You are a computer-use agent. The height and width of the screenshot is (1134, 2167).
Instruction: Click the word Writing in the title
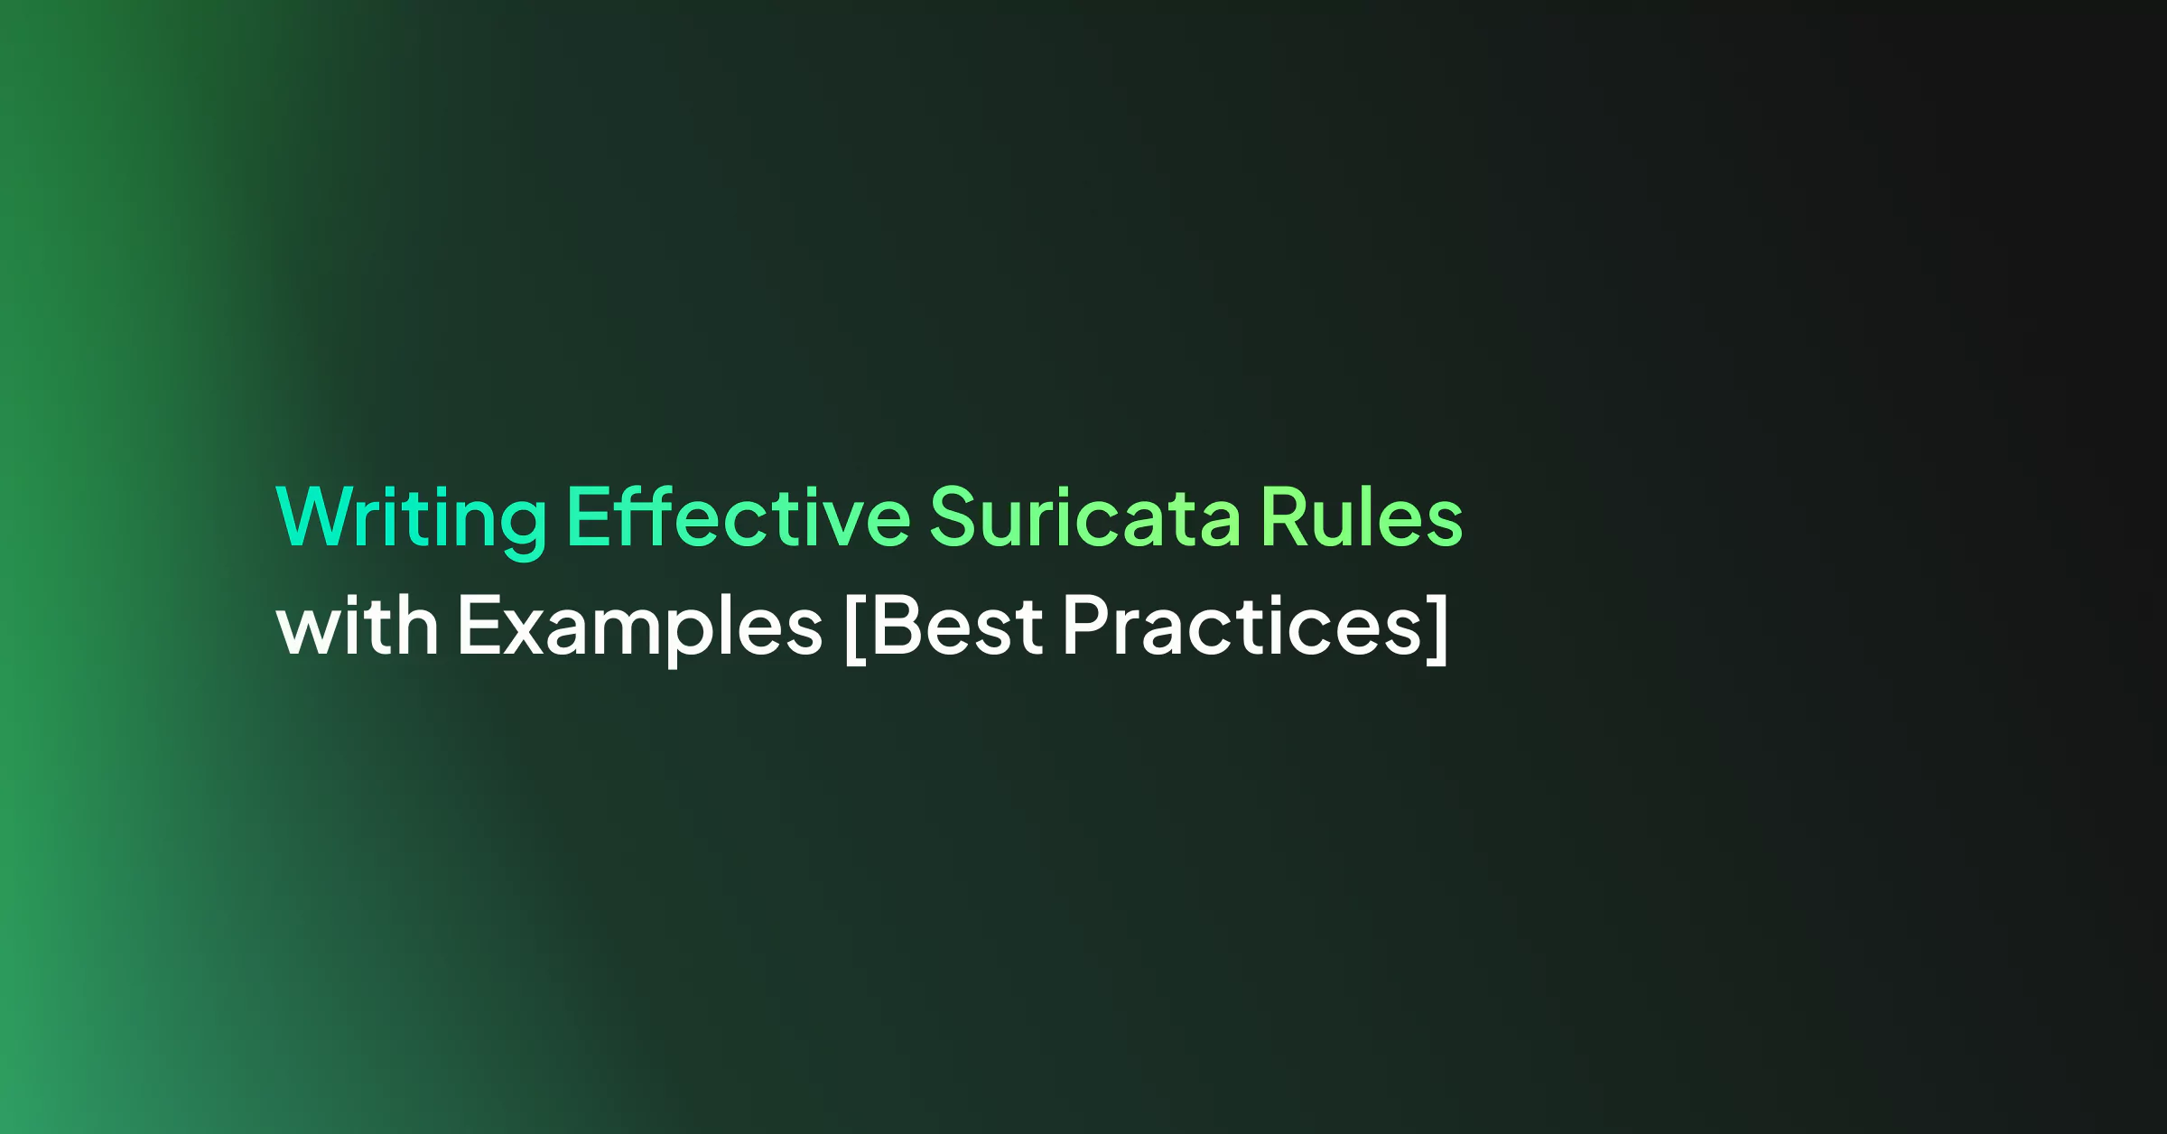click(411, 519)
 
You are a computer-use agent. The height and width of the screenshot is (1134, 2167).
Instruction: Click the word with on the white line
click(358, 624)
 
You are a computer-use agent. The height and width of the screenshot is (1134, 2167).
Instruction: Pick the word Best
click(956, 624)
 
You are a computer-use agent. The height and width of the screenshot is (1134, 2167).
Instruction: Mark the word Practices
click(1242, 624)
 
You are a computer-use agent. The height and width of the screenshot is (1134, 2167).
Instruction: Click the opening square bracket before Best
click(855, 629)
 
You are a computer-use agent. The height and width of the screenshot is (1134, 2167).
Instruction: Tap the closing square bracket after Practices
click(1437, 629)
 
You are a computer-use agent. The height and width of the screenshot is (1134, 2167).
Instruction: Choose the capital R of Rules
click(1284, 516)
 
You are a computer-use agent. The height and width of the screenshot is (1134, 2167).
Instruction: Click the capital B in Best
click(897, 624)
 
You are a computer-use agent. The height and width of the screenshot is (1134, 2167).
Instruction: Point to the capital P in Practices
click(1087, 624)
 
